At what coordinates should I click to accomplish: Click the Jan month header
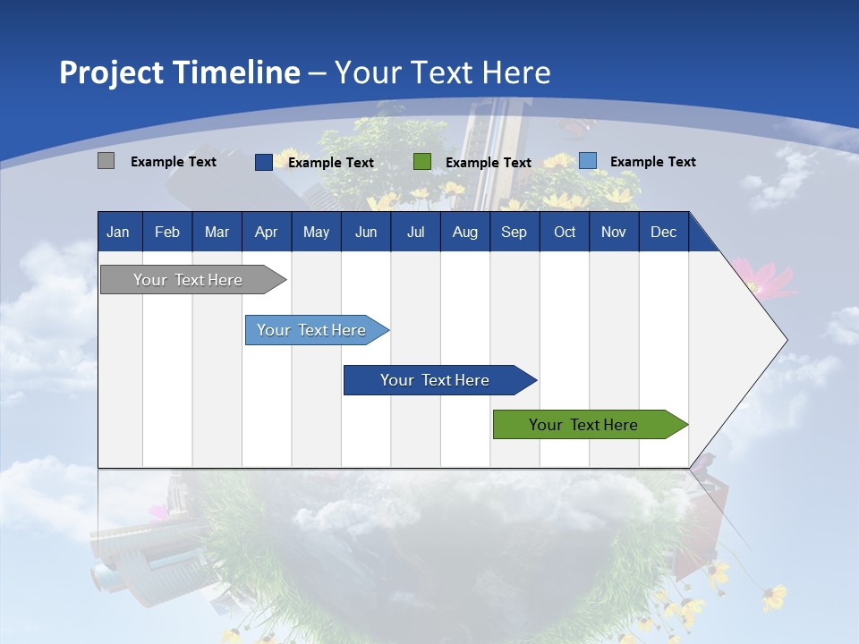tap(118, 232)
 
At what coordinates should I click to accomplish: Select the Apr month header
tap(266, 232)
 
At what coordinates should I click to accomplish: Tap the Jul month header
tap(415, 232)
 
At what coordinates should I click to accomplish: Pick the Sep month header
tap(514, 232)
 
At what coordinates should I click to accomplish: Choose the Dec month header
tap(663, 232)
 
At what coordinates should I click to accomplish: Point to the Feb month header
tap(167, 232)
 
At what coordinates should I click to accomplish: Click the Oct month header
tap(565, 232)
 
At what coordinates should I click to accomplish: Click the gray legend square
tap(106, 161)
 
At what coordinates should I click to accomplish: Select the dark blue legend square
tap(263, 162)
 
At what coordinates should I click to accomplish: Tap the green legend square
tap(422, 162)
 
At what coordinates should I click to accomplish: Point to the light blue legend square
tap(587, 161)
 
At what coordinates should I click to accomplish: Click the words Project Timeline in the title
tap(179, 72)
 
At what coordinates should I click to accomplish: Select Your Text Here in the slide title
tap(442, 72)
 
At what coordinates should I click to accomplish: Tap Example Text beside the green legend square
tap(488, 163)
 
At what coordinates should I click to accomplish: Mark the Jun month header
tap(365, 232)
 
